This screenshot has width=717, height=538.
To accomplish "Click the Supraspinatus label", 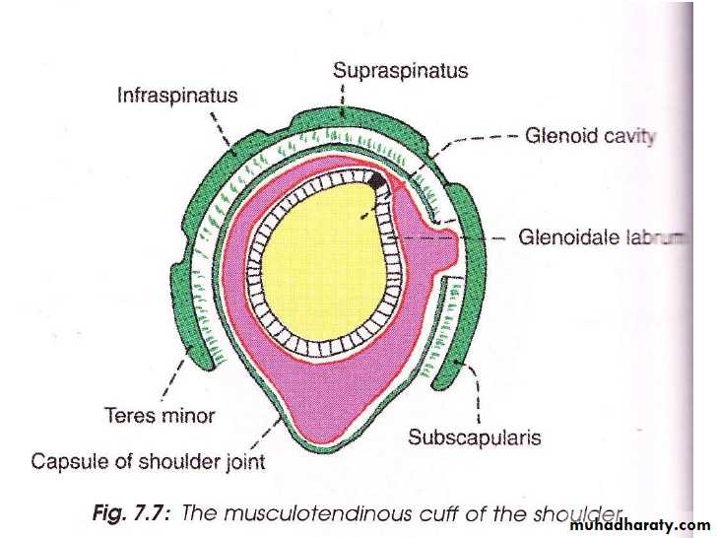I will [x=399, y=71].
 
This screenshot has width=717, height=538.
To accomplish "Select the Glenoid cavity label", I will [x=589, y=137].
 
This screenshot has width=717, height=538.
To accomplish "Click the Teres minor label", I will [x=159, y=415].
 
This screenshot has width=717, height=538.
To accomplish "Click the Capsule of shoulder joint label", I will [x=148, y=460].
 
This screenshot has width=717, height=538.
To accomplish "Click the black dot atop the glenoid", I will [x=378, y=180].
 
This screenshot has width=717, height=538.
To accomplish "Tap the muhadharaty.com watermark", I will [x=638, y=525].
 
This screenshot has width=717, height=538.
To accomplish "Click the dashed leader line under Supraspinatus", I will [x=341, y=99].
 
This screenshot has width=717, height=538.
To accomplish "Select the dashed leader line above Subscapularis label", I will [x=478, y=394].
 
